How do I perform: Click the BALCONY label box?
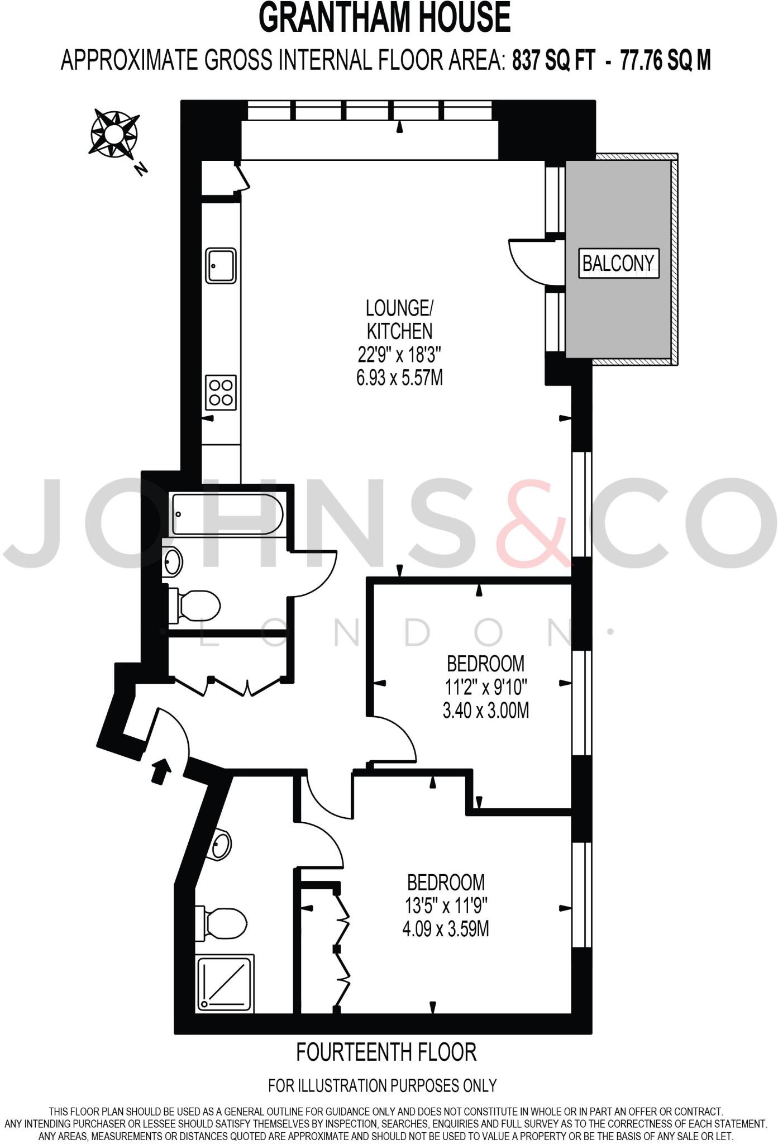pyautogui.click(x=618, y=263)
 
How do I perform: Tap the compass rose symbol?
pyautogui.click(x=114, y=134)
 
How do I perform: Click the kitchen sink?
pyautogui.click(x=221, y=266)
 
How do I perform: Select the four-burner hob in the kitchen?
pyautogui.click(x=221, y=392)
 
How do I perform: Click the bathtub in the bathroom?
pyautogui.click(x=227, y=514)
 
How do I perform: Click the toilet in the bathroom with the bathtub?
pyautogui.click(x=195, y=605)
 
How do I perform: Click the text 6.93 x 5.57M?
pyautogui.click(x=399, y=378)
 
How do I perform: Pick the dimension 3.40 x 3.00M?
pyautogui.click(x=485, y=711)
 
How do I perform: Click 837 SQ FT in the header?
pyautogui.click(x=553, y=60)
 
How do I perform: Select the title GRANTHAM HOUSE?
pyautogui.click(x=385, y=18)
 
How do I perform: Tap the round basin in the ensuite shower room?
pyautogui.click(x=222, y=845)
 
